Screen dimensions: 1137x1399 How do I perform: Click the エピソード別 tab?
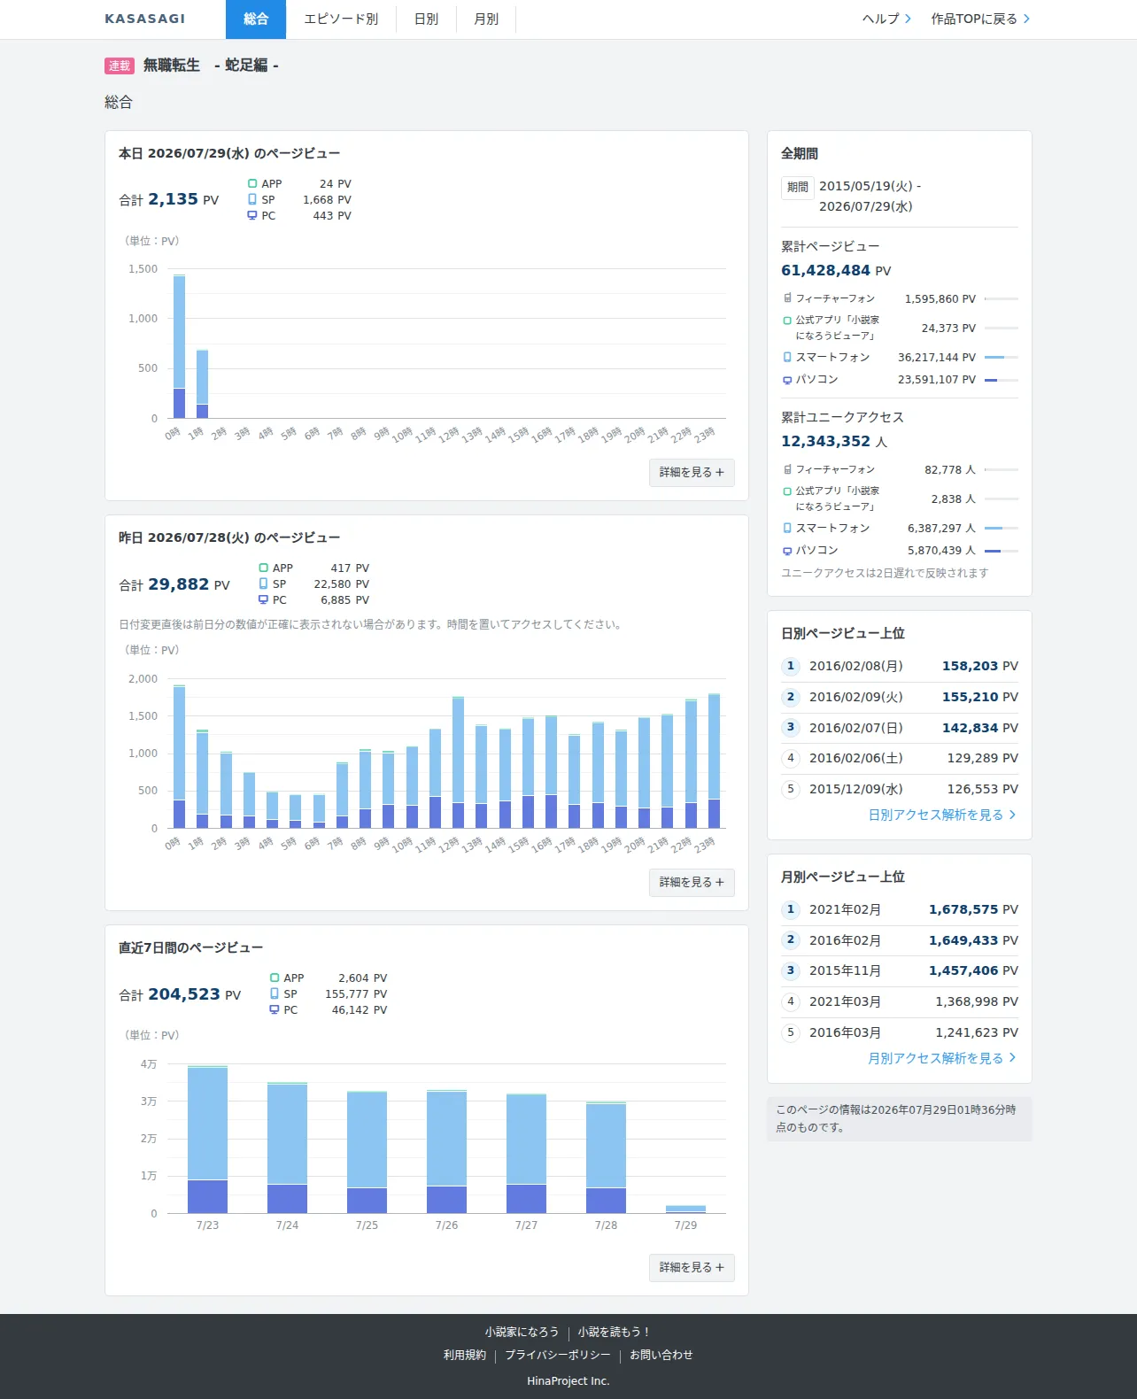[x=341, y=19]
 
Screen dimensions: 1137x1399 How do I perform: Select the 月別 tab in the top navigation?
[x=486, y=19]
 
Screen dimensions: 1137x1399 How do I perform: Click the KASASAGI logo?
[x=145, y=19]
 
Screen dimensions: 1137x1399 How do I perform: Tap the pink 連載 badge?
[x=119, y=66]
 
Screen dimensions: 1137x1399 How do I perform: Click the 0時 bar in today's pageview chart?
[x=179, y=346]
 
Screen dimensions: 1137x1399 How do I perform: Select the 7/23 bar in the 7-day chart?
[x=207, y=1140]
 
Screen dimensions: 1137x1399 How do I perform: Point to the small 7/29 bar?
[x=685, y=1210]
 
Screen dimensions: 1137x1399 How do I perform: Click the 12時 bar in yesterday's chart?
[x=458, y=761]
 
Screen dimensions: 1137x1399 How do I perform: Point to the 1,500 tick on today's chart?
[x=143, y=268]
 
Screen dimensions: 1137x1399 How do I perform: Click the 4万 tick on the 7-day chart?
[x=149, y=1064]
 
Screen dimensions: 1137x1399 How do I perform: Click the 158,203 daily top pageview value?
[x=970, y=666]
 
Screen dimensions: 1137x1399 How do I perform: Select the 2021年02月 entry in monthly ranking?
[x=845, y=909]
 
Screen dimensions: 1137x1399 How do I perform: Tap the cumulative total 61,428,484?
[x=825, y=271]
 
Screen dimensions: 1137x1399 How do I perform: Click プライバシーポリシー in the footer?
[x=558, y=1355]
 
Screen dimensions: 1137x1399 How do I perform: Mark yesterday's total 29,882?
[x=178, y=584]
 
